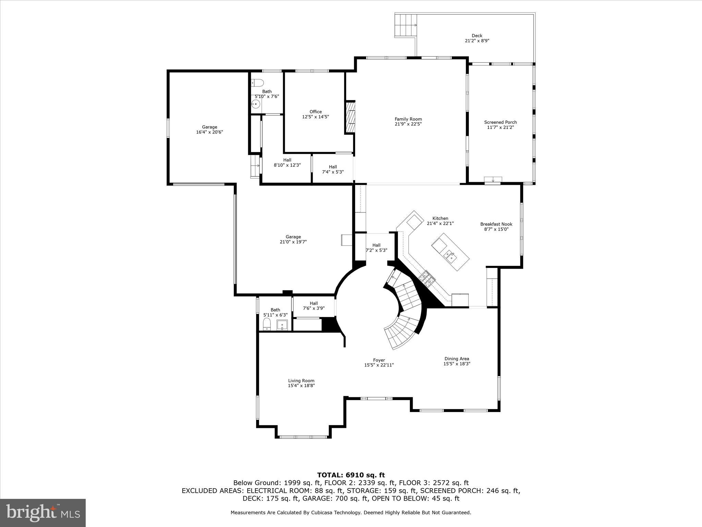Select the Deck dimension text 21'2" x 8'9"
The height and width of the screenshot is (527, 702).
[x=477, y=40]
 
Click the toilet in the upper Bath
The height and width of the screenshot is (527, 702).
[x=257, y=83]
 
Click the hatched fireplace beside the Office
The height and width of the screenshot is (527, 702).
[x=350, y=117]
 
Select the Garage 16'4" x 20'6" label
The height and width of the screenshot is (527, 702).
[x=209, y=130]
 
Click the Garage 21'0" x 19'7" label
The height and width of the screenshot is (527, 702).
[x=293, y=239]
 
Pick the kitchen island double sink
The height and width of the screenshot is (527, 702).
[x=449, y=255]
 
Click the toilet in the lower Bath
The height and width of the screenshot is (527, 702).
[x=267, y=324]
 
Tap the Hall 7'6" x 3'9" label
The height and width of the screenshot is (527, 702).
[x=314, y=306]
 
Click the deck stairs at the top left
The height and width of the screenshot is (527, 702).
[x=406, y=25]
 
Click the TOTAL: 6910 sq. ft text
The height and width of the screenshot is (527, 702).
[x=351, y=475]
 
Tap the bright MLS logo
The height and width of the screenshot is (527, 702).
[x=43, y=513]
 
